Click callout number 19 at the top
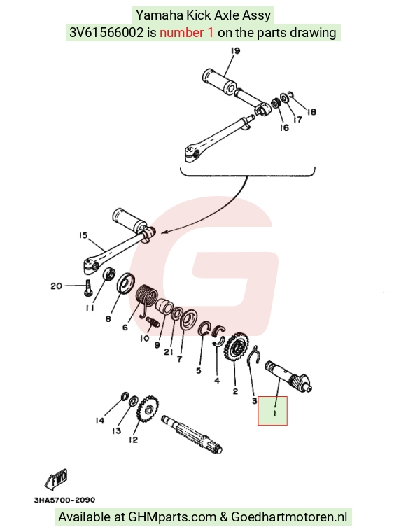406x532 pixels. tap(235, 51)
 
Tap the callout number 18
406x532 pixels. tap(311, 111)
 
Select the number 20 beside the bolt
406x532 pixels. tap(56, 286)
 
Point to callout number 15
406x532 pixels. tap(83, 235)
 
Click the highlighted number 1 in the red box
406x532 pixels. tap(274, 413)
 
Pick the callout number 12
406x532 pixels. tap(133, 440)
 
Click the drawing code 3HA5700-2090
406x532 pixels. tap(64, 500)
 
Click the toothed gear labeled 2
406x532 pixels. tap(237, 350)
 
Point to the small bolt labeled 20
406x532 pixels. tap(87, 288)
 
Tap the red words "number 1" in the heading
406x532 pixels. tap(187, 33)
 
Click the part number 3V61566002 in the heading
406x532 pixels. tap(106, 33)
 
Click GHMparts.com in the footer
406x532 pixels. tap(172, 517)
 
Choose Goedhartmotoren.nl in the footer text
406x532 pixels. tap(289, 517)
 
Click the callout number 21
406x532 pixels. tap(169, 352)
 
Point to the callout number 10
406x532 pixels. tap(144, 338)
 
